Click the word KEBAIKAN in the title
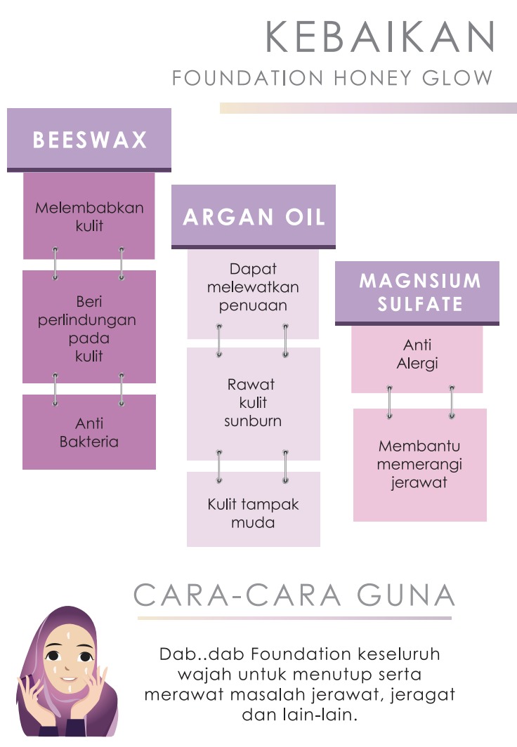(380, 37)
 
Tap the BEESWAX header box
(89, 139)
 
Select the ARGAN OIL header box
(254, 216)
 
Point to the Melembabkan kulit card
(89, 216)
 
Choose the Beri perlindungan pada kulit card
(89, 327)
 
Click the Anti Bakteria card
(89, 432)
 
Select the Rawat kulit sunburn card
(253, 403)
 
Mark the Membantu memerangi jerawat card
(420, 465)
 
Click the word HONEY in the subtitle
(363, 78)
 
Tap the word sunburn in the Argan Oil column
(253, 421)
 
